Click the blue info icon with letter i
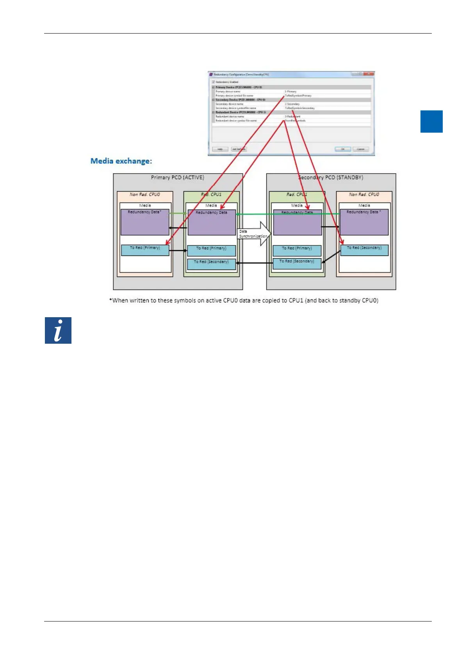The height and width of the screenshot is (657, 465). click(58, 330)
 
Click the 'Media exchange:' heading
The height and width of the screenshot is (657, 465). click(121, 161)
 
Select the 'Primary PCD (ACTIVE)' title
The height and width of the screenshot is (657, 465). click(177, 178)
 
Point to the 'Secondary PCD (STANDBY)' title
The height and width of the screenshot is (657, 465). click(331, 178)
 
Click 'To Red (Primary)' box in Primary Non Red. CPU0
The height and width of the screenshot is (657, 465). click(145, 250)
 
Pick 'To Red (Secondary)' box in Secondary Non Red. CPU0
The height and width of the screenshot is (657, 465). click(364, 250)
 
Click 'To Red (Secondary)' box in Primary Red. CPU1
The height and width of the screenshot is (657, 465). click(211, 264)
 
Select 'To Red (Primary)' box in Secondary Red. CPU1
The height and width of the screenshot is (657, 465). click(297, 250)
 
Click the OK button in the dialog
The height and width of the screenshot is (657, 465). click(343, 149)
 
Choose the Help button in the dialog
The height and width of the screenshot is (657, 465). click(220, 149)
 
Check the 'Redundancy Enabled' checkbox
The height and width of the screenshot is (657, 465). click(214, 82)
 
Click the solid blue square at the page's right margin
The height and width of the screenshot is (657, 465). click(431, 121)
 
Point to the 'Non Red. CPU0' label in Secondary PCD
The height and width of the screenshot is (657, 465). click(364, 194)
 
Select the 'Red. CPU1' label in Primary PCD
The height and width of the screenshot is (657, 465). click(211, 194)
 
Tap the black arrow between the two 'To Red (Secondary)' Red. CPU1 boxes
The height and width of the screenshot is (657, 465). click(254, 263)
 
